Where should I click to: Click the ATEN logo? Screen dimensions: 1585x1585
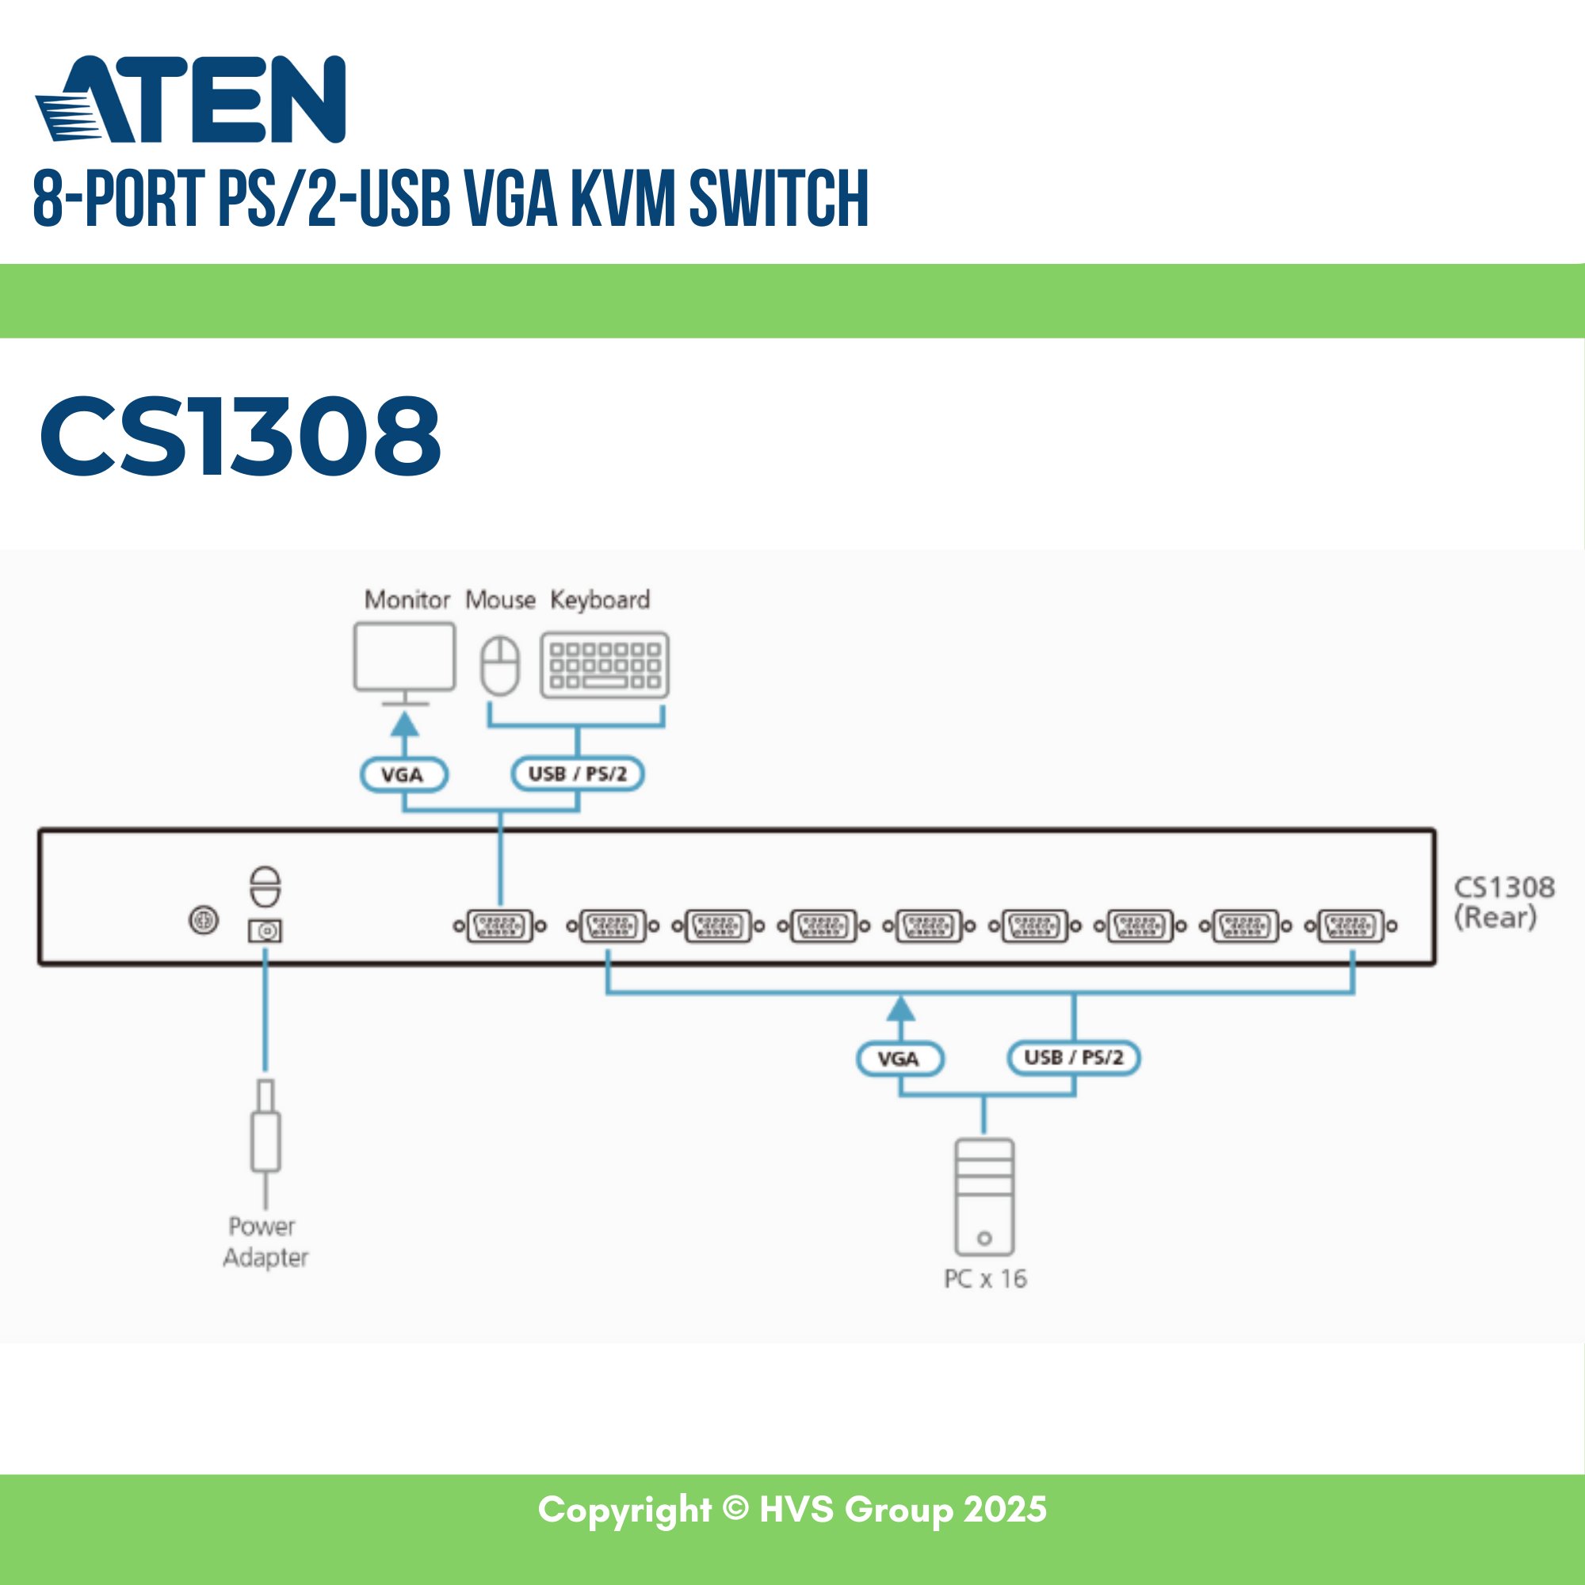click(190, 100)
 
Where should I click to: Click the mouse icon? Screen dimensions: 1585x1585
click(499, 666)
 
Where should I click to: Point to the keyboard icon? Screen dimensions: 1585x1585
click(605, 665)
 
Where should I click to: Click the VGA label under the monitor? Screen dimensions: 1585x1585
click(403, 774)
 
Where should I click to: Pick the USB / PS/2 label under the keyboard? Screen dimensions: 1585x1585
click(578, 773)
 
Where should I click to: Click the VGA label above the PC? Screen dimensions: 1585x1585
click(899, 1058)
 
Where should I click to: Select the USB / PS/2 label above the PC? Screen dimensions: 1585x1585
click(1073, 1057)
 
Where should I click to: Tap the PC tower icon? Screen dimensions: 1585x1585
click(984, 1195)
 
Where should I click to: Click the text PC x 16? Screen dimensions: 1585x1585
click(984, 1278)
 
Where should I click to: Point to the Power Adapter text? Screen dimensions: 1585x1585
click(265, 1241)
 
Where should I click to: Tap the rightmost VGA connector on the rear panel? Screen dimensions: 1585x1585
click(1351, 926)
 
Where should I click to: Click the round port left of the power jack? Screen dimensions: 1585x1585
click(204, 919)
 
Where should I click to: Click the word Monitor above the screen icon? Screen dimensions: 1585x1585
click(407, 600)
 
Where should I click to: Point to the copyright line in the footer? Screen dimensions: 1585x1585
click(792, 1510)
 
